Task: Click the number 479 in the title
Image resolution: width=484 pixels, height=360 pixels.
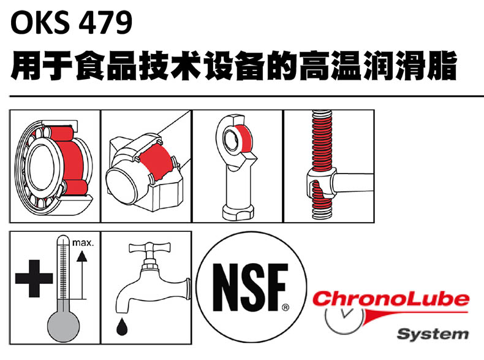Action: (105, 23)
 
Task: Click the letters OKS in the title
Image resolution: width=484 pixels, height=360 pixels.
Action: (40, 23)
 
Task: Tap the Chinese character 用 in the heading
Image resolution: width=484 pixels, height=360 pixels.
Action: (25, 66)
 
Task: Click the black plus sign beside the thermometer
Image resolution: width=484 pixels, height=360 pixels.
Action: (34, 278)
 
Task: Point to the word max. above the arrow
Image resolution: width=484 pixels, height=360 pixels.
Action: (83, 243)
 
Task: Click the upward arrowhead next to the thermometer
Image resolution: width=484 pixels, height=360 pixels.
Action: (82, 256)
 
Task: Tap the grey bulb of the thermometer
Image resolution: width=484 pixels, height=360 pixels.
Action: (63, 326)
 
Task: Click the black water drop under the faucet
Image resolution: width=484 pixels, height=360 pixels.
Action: (122, 327)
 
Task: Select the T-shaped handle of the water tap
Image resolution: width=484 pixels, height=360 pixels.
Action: (149, 248)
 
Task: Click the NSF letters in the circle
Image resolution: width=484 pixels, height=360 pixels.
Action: (250, 288)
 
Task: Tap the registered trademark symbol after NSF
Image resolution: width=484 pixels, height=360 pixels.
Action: (285, 307)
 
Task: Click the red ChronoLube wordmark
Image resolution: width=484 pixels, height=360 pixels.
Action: (391, 299)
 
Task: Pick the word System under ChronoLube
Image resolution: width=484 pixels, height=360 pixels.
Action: (433, 334)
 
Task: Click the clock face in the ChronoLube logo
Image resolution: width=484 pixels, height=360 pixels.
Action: (344, 319)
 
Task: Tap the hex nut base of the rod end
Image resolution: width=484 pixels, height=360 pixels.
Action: (238, 212)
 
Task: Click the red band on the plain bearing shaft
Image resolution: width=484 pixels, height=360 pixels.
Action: (157, 163)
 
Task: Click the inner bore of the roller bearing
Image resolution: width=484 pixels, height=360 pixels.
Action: (41, 167)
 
